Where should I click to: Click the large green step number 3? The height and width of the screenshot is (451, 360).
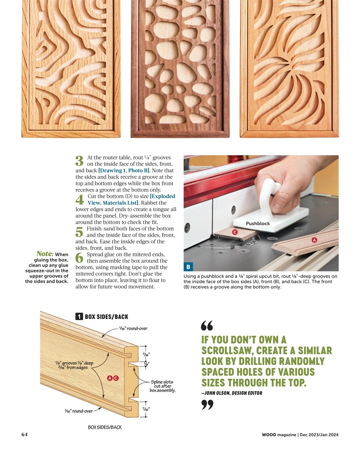80,161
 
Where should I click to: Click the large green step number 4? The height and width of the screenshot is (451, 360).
80,200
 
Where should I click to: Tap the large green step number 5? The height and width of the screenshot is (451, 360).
80,232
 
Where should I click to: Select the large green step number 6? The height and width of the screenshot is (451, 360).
80,258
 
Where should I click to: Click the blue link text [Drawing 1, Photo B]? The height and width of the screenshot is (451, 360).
124,171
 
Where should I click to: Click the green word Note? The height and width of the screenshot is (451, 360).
45,254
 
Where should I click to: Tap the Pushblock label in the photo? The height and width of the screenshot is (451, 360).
258,223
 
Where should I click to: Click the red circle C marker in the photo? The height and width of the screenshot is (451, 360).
235,232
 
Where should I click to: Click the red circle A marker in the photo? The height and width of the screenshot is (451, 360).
314,240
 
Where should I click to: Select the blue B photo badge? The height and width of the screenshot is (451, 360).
188,267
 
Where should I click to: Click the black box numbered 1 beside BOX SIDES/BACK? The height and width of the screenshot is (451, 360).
79,316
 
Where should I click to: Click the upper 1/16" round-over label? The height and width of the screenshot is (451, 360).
133,328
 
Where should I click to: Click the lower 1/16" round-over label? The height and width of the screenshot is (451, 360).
79,411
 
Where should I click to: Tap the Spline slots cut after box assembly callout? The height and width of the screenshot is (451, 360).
162,386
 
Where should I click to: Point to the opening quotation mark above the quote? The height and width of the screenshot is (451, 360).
207,326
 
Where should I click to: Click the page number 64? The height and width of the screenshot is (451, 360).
24,434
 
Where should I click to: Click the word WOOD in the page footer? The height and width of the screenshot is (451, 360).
269,435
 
